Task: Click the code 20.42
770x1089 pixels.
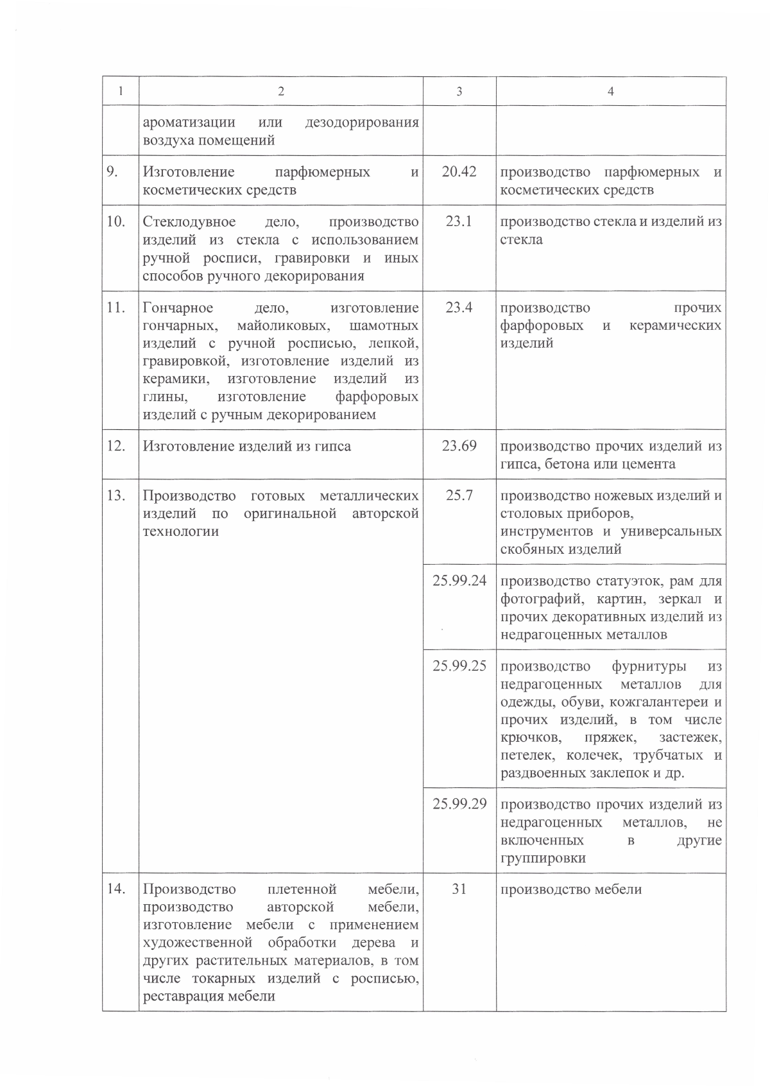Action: [459, 172]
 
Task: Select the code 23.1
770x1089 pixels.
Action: [459, 221]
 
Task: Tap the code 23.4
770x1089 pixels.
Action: [459, 307]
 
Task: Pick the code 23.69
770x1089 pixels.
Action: [459, 445]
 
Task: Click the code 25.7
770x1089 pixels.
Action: [459, 495]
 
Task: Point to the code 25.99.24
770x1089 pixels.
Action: [459, 581]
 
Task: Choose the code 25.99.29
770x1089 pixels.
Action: [459, 804]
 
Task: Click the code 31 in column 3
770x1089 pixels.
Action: [459, 889]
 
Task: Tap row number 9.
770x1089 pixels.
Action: [115, 172]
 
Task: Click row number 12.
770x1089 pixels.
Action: [116, 445]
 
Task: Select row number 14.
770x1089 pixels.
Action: [116, 889]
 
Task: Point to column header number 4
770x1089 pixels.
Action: [610, 92]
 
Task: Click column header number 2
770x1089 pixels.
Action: [280, 92]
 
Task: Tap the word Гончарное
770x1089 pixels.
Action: [178, 308]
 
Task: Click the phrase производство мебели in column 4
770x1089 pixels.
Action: [570, 889]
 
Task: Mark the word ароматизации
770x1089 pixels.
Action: [189, 122]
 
